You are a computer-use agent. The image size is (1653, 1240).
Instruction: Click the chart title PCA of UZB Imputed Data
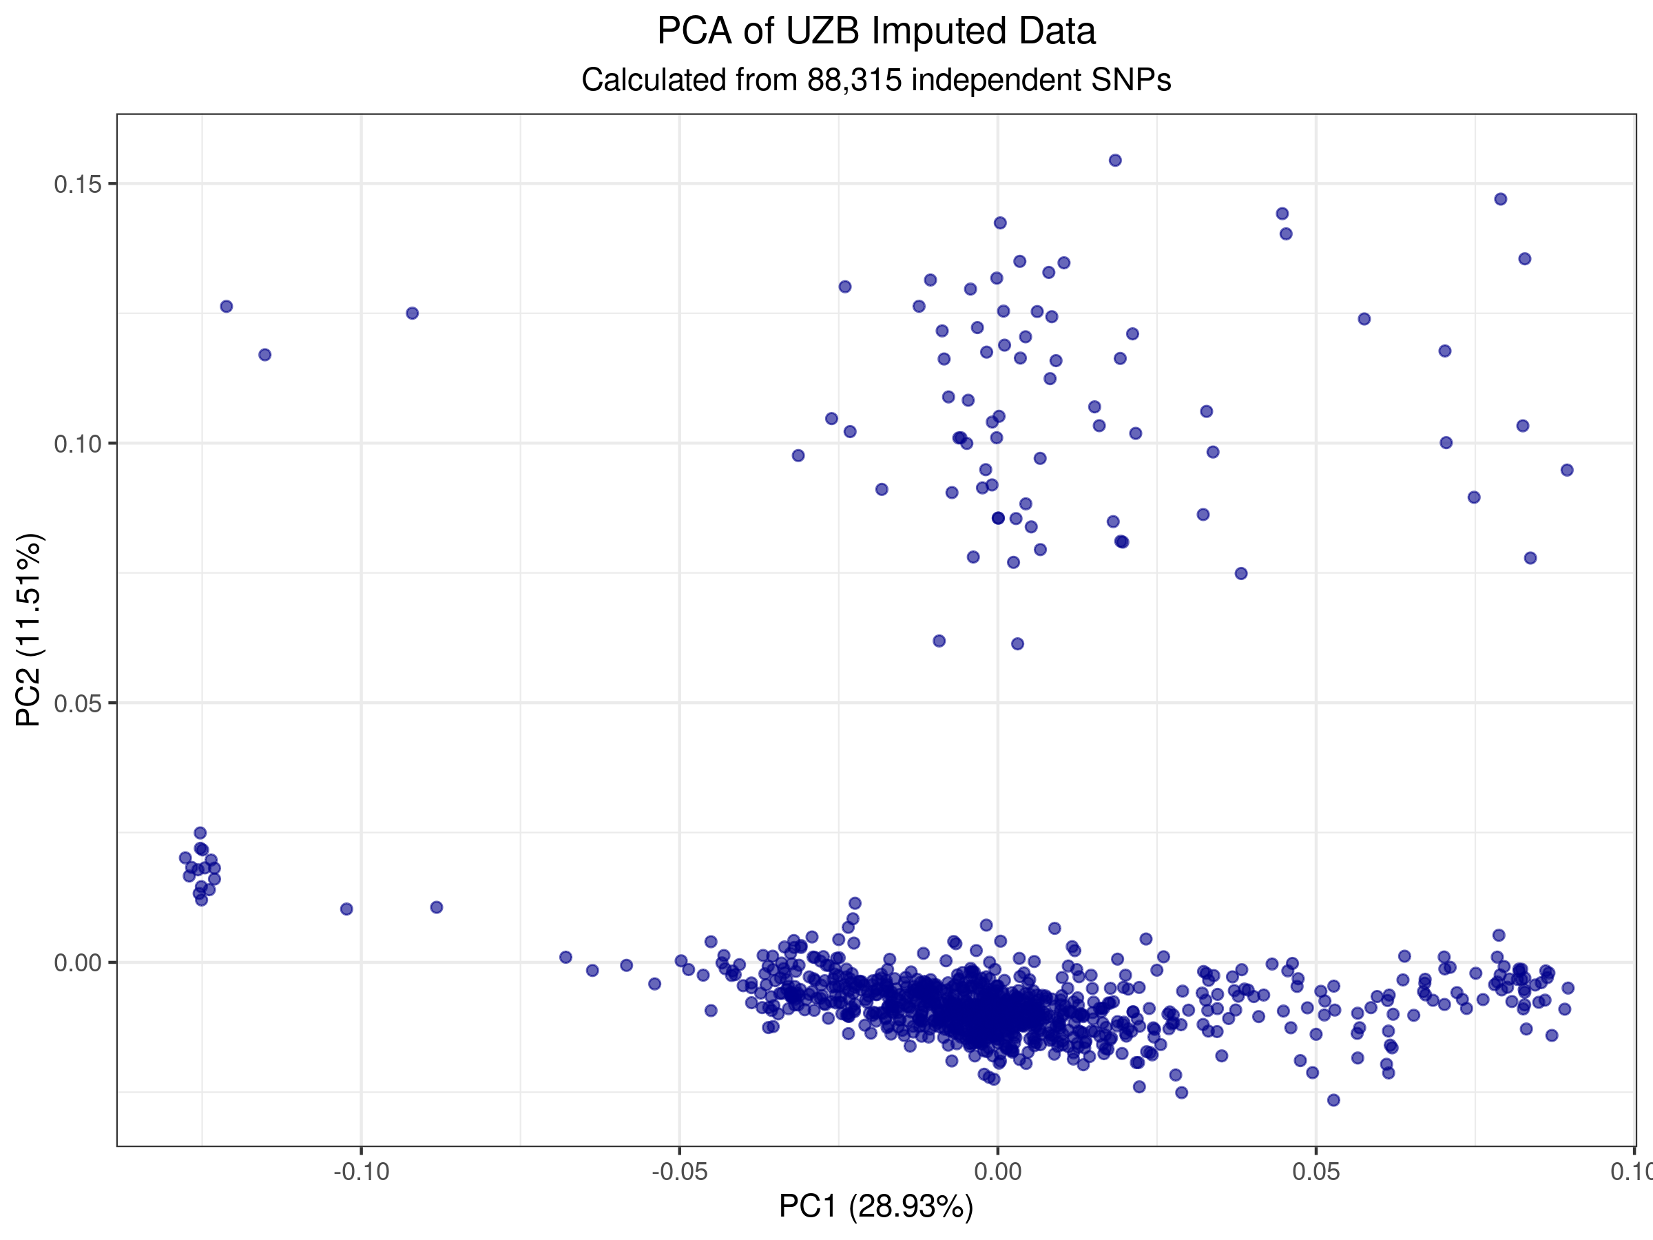876,32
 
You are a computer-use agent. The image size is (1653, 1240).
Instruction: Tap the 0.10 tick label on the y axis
78,444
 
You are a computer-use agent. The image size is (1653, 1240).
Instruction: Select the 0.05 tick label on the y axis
78,703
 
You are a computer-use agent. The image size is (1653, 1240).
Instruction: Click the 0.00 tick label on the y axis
78,962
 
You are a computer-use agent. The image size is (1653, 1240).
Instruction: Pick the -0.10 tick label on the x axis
361,1171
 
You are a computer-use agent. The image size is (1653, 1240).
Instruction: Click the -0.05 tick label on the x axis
679,1171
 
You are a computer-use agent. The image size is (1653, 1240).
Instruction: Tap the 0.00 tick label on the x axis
997,1171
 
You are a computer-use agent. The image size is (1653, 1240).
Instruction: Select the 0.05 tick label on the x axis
1316,1171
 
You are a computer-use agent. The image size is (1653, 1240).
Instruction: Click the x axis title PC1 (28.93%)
876,1206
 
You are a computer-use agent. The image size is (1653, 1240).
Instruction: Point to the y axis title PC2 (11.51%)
30,630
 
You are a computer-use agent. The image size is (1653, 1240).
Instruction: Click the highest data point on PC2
1115,160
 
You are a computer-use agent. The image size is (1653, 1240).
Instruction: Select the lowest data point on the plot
1333,1099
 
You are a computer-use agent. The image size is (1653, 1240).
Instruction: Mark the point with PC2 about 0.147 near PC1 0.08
1501,199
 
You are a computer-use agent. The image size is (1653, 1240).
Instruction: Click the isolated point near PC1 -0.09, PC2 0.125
413,313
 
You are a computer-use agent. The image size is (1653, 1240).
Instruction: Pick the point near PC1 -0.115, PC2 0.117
264,354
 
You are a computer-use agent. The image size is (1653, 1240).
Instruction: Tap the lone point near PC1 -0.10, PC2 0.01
346,909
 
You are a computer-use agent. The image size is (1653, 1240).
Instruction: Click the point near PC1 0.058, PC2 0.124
1364,319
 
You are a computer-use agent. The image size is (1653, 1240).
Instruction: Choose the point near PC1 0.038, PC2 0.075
1241,573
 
